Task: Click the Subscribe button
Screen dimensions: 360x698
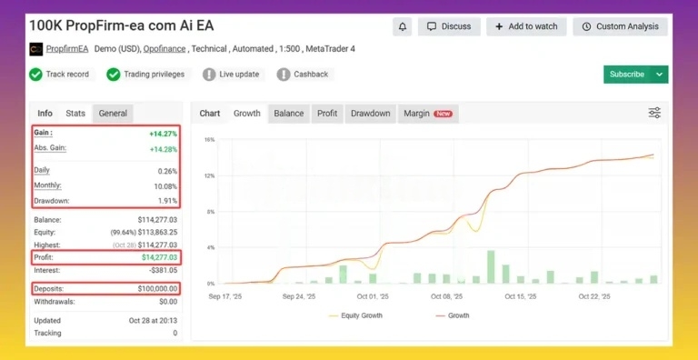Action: (x=627, y=75)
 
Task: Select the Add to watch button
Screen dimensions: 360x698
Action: (x=526, y=26)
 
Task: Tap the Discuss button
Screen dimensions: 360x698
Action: (x=449, y=26)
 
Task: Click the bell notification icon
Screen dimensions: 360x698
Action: (x=404, y=26)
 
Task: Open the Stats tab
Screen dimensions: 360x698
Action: (x=75, y=114)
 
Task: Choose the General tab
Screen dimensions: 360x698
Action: (x=113, y=114)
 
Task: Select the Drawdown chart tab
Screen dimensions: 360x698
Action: (x=370, y=114)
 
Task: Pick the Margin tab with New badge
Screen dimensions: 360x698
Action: (x=427, y=114)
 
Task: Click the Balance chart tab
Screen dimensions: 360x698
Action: (x=289, y=114)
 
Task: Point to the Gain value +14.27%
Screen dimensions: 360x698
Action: (x=164, y=134)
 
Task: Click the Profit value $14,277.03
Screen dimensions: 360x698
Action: (x=156, y=258)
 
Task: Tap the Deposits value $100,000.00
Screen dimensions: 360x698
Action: (x=155, y=288)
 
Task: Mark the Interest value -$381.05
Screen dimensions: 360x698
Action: (x=162, y=269)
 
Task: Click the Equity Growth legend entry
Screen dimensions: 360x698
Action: (x=357, y=315)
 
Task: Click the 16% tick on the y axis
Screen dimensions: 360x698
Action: (x=209, y=140)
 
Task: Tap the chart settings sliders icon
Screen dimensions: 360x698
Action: (x=654, y=113)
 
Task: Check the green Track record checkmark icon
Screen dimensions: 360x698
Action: (x=35, y=75)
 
